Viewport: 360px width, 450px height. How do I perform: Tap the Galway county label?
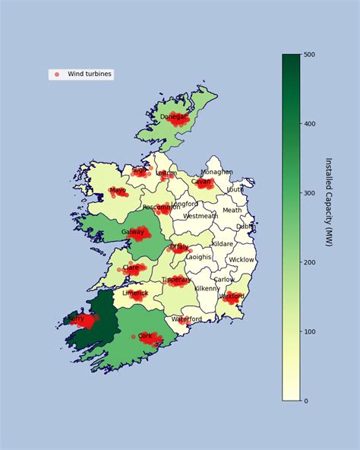coord(132,233)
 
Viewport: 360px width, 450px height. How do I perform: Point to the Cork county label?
coord(145,336)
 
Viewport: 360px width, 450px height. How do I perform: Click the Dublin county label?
coord(245,227)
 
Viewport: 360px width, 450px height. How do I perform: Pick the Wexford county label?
coord(232,296)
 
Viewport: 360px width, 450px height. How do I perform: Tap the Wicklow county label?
coord(242,260)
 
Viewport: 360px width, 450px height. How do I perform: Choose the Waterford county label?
coord(186,319)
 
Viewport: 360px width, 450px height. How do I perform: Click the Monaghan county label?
coord(216,173)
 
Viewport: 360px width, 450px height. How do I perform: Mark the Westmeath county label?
coord(201,216)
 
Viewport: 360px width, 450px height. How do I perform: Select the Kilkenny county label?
coord(207,289)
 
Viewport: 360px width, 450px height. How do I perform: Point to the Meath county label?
coord(232,211)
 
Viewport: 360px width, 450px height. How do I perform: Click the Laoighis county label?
coord(199,257)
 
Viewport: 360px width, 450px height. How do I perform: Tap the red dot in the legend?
coord(56,74)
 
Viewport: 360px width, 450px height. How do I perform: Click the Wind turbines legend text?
coord(90,74)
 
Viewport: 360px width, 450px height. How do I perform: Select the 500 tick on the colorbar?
coord(310,55)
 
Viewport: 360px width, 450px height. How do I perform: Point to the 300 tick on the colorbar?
coord(310,193)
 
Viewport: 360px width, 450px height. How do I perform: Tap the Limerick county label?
coord(135,293)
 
